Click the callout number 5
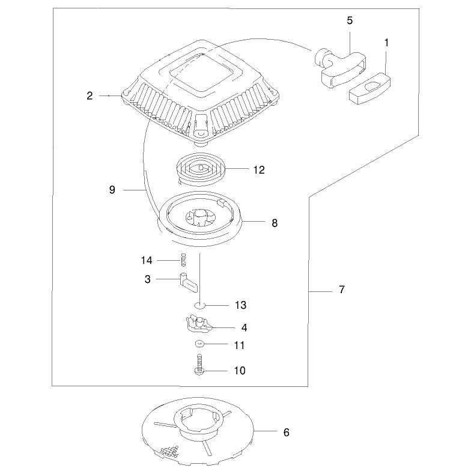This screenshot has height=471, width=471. coord(350,20)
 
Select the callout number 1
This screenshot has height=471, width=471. coord(387,43)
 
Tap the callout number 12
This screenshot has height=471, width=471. coord(259,169)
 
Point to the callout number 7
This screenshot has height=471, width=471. coord(342,290)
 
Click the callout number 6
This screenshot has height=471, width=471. coord(286,433)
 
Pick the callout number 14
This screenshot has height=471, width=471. coord(147,260)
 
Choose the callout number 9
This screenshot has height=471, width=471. coord(112,190)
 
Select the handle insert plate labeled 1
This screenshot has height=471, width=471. coord(370,89)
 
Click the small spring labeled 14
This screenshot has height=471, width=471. coord(184,260)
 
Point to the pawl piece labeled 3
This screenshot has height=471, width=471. coord(189,282)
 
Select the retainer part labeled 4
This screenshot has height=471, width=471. coord(198,324)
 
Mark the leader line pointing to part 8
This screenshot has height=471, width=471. coord(254,221)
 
